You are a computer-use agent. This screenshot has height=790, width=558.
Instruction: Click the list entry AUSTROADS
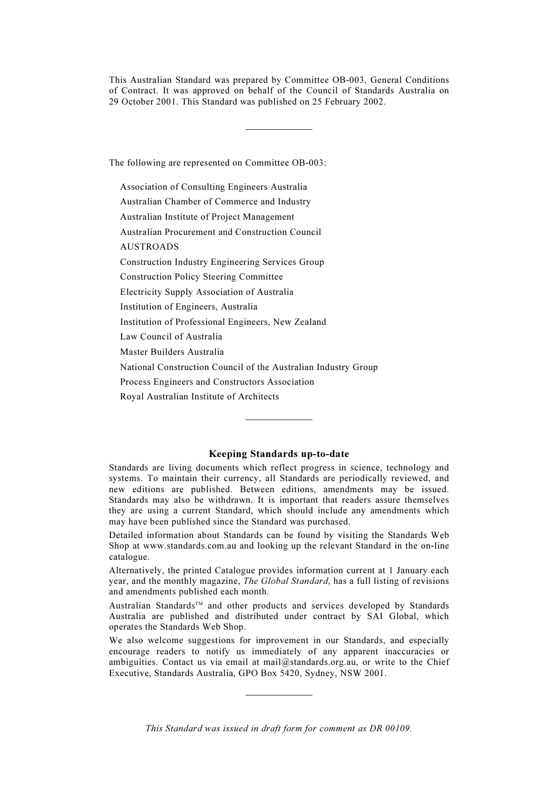(x=149, y=247)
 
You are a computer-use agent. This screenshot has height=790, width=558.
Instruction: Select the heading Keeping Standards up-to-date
(x=279, y=453)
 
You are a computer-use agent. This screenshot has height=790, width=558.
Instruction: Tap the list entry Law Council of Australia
(x=171, y=337)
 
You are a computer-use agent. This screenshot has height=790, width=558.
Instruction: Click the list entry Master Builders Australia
(x=172, y=352)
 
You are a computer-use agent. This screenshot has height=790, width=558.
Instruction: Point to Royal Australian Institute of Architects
(x=199, y=396)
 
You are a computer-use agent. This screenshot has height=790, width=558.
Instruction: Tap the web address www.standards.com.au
(x=190, y=546)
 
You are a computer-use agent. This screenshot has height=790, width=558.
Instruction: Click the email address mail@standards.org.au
(x=311, y=662)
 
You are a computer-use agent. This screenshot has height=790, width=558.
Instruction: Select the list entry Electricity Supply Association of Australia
(x=206, y=292)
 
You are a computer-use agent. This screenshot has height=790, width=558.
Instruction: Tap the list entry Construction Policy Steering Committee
(x=201, y=277)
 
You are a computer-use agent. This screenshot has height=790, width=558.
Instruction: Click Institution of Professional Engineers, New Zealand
(x=223, y=322)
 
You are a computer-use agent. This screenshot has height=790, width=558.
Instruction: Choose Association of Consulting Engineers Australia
(x=213, y=187)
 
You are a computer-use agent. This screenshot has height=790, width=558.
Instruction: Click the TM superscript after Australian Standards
(x=199, y=604)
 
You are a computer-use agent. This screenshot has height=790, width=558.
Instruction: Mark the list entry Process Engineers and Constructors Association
(x=217, y=382)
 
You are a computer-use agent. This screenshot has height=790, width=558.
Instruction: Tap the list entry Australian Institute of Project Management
(x=207, y=217)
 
